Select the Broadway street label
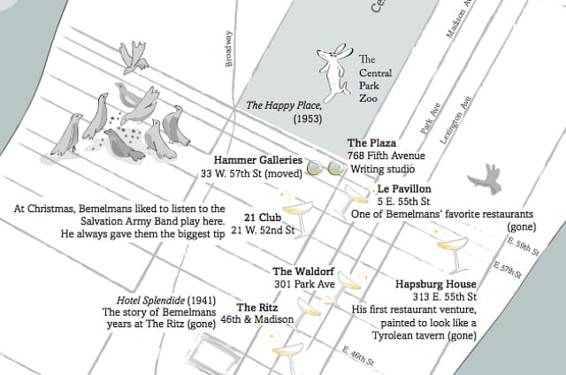[x=229, y=50]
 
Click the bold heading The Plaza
[x=371, y=142]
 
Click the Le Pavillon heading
[x=404, y=189]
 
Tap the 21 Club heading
[x=263, y=217]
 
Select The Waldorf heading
[x=303, y=272]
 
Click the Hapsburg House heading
[x=436, y=284]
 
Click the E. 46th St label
[x=357, y=357]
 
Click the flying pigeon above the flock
[x=134, y=56]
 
